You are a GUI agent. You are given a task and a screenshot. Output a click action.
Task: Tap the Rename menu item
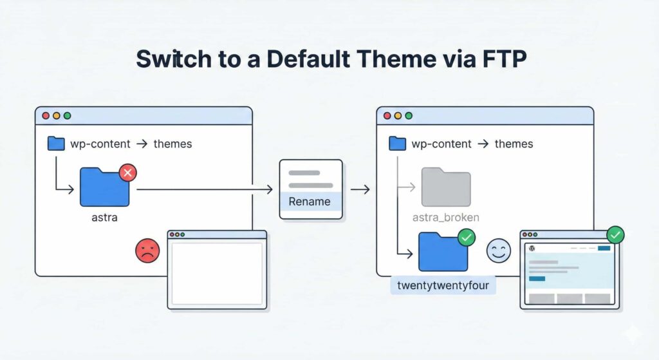(310, 202)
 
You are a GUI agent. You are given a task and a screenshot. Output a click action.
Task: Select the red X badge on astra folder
(128, 173)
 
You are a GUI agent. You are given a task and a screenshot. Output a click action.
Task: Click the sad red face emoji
(147, 251)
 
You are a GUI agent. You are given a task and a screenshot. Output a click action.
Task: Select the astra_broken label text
(446, 217)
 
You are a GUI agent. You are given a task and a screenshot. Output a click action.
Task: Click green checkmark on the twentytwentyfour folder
(467, 238)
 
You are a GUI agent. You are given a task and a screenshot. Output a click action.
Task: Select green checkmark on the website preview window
(615, 234)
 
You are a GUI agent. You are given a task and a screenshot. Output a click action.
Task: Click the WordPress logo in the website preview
(532, 248)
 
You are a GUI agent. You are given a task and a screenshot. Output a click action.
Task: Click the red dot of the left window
(46, 116)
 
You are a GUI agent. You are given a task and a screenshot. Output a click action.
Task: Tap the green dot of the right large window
(409, 116)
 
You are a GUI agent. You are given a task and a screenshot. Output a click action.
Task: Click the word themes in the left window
(172, 144)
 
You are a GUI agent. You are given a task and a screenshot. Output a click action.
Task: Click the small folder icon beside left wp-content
(57, 144)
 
